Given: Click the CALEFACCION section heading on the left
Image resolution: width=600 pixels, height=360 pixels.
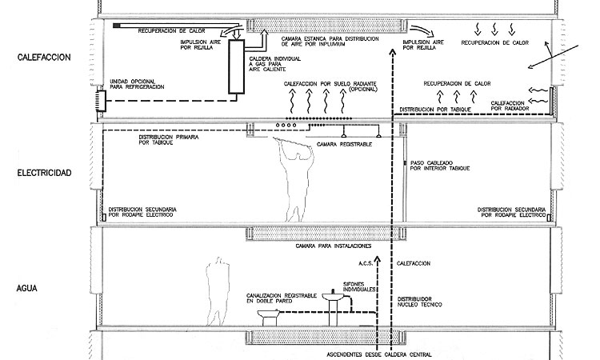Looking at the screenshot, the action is click(x=44, y=58).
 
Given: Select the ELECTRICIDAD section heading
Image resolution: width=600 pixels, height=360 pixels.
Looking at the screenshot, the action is click(x=44, y=173).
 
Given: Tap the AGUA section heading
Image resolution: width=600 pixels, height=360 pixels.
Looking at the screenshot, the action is click(x=26, y=289).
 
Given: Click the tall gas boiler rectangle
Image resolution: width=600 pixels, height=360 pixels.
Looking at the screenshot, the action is click(x=237, y=66).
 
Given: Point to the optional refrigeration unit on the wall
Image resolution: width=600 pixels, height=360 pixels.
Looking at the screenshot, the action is click(x=101, y=101).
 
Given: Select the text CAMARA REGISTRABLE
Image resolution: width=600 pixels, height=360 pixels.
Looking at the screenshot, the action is click(x=344, y=145).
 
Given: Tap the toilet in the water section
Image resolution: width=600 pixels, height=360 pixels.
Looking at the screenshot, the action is click(x=268, y=318).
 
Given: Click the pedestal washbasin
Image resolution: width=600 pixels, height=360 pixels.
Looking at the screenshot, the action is click(x=333, y=307).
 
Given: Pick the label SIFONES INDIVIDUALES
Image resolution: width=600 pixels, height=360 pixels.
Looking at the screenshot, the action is click(x=359, y=287).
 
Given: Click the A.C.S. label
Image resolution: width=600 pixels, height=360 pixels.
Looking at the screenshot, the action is click(x=366, y=263).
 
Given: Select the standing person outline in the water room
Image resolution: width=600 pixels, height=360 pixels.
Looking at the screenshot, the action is click(x=218, y=291).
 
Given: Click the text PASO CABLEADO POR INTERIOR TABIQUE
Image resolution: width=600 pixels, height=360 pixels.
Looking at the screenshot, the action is click(x=440, y=166).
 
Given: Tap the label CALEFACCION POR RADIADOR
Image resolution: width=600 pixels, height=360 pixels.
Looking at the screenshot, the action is click(x=510, y=106).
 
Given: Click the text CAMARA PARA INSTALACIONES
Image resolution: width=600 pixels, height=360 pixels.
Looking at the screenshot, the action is click(x=334, y=246).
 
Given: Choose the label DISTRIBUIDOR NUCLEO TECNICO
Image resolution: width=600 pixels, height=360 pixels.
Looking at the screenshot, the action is click(x=419, y=302).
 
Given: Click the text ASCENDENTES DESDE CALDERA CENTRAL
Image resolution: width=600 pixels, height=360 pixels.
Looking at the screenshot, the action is click(x=379, y=354).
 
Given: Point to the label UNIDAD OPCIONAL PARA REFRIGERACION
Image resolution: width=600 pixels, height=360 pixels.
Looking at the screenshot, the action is click(x=137, y=84).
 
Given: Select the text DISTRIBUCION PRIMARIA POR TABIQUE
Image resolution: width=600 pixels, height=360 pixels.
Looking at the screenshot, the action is click(x=169, y=140).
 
